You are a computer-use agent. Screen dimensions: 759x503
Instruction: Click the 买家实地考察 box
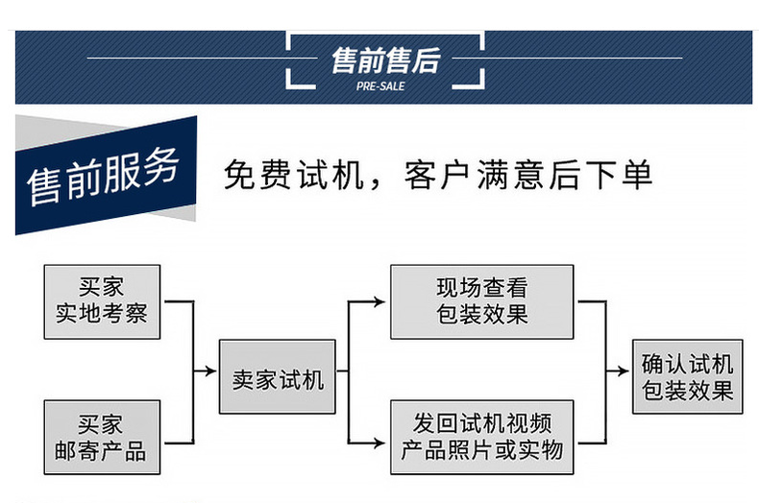(x=102, y=301)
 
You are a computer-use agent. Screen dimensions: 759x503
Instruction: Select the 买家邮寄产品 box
(x=102, y=437)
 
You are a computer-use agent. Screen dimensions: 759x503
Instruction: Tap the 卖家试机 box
(x=278, y=376)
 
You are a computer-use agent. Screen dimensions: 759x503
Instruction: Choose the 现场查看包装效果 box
(x=482, y=301)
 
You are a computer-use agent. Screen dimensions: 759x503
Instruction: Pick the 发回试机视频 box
(x=482, y=437)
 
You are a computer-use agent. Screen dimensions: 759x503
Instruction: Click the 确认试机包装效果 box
(x=687, y=376)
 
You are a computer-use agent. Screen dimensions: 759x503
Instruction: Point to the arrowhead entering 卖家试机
(x=211, y=371)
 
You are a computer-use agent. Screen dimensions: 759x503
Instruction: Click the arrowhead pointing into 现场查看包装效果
(x=379, y=302)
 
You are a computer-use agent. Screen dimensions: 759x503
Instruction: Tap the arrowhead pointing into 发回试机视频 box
(x=379, y=443)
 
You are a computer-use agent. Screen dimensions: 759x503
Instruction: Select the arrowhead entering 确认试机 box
(x=623, y=371)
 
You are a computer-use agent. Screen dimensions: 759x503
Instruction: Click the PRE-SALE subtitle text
(x=380, y=86)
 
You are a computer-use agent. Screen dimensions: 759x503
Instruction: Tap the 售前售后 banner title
(x=386, y=60)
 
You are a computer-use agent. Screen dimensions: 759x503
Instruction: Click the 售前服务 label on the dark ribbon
(x=103, y=176)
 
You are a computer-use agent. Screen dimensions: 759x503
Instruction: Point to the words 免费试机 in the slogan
(x=294, y=175)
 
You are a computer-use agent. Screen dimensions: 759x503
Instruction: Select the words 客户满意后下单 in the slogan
(x=528, y=175)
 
